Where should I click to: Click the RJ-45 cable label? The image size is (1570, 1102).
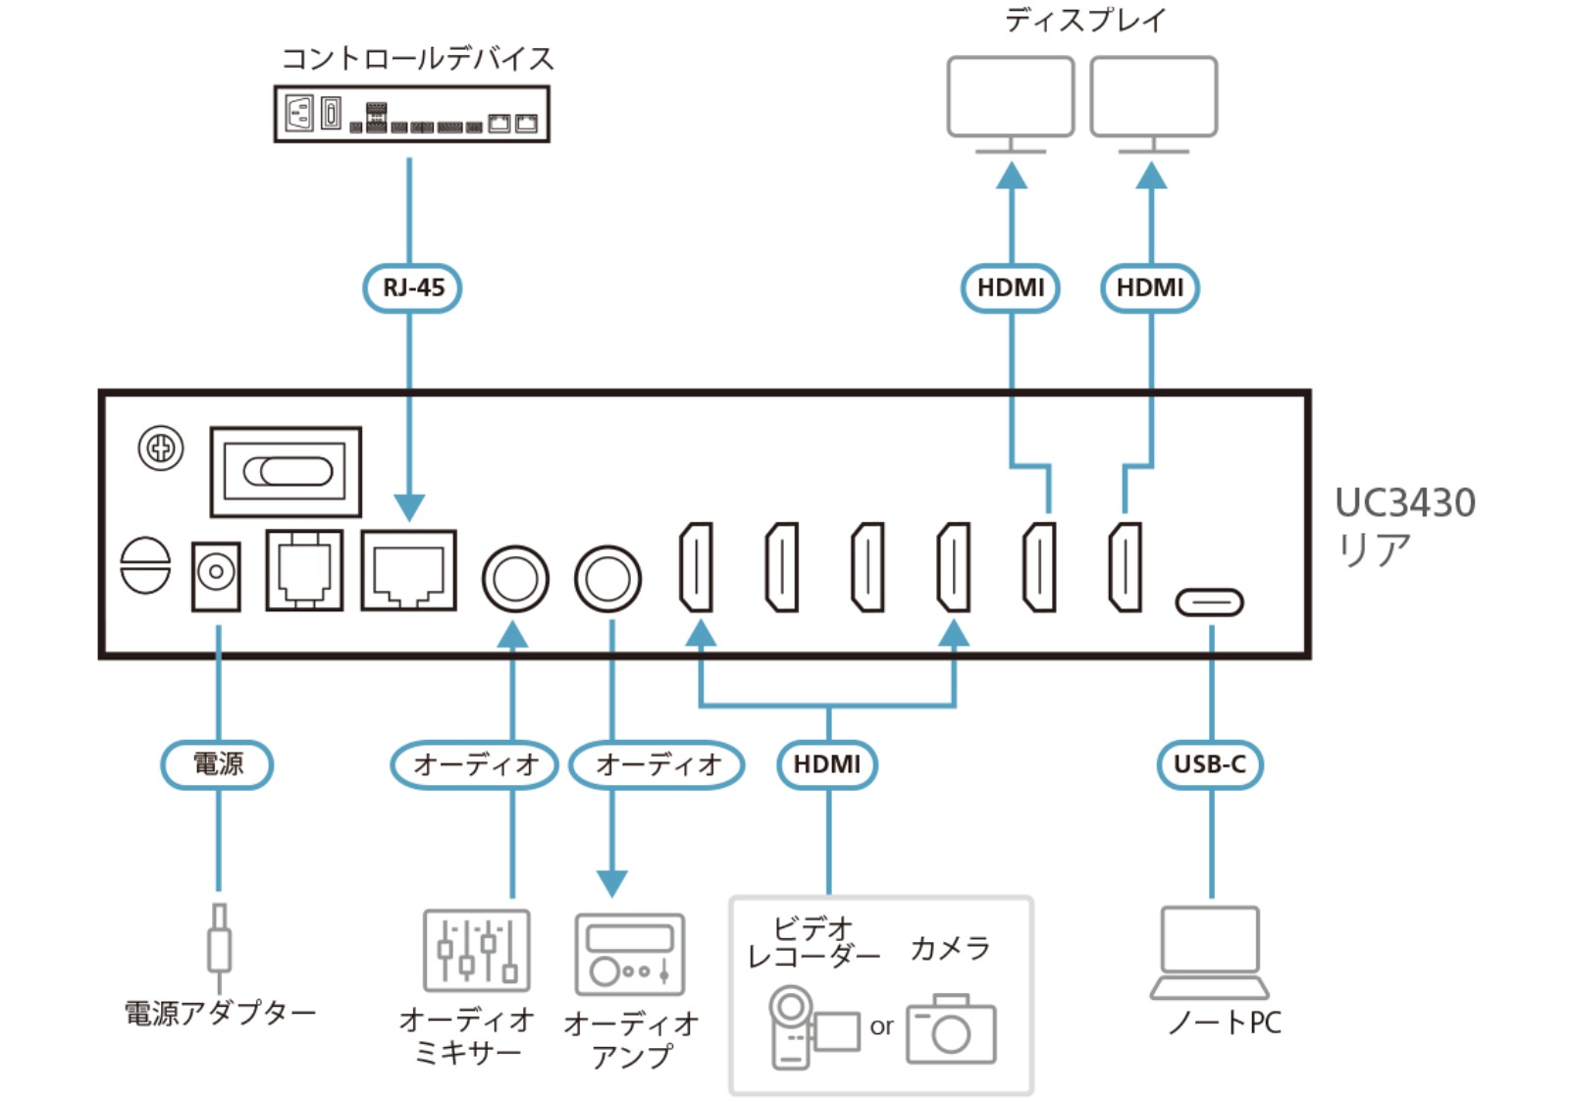(x=412, y=288)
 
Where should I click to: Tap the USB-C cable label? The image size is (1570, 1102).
(x=1210, y=764)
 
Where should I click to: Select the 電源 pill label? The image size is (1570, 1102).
(x=217, y=764)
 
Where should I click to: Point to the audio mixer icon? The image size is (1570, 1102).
(x=477, y=950)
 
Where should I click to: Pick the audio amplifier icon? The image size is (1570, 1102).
(x=629, y=955)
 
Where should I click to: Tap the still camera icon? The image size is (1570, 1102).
(x=951, y=1029)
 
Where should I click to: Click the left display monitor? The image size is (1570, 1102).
(x=1011, y=103)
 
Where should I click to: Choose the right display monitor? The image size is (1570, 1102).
(x=1153, y=103)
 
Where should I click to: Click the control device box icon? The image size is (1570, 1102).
(x=411, y=114)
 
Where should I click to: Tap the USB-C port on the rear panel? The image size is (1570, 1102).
(x=1209, y=602)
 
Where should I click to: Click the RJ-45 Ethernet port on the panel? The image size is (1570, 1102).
(x=408, y=570)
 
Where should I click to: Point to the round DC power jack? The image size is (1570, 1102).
(x=216, y=575)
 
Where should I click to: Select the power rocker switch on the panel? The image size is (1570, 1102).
(x=286, y=471)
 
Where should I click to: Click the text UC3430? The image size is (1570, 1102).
(x=1404, y=502)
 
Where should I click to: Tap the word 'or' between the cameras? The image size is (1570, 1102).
(x=881, y=1026)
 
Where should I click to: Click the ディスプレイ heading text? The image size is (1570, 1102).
(x=1085, y=19)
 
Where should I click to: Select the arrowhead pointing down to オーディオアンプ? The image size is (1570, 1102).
(x=612, y=883)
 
